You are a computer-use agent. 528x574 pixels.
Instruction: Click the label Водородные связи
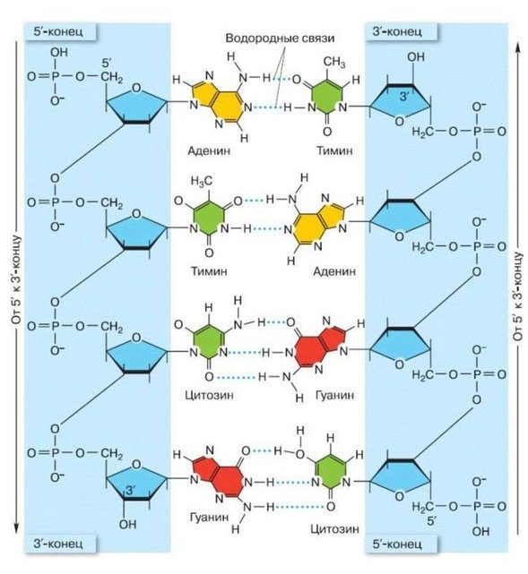click(280, 39)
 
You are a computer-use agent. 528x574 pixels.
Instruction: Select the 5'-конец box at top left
click(60, 31)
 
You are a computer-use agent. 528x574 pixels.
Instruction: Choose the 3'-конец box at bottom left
click(60, 544)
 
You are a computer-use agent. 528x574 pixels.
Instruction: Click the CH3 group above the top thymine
click(333, 62)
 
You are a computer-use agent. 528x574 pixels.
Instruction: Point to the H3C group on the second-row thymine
click(201, 181)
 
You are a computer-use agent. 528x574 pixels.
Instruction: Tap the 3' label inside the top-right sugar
click(404, 97)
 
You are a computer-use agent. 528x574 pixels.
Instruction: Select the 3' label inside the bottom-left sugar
click(131, 491)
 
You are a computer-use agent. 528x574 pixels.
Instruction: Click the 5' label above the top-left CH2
click(107, 64)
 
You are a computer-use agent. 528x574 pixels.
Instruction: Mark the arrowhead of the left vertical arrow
click(16, 528)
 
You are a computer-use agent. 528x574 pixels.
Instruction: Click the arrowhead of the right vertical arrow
click(518, 47)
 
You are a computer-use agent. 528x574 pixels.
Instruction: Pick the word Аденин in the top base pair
click(209, 150)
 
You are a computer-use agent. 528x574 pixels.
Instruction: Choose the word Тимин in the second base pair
click(209, 271)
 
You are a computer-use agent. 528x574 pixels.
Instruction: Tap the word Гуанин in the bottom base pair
click(209, 518)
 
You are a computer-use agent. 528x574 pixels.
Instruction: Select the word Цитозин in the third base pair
click(209, 396)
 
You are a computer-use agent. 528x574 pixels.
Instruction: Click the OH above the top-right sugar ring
click(416, 57)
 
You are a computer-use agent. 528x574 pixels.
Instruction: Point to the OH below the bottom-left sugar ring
click(127, 525)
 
